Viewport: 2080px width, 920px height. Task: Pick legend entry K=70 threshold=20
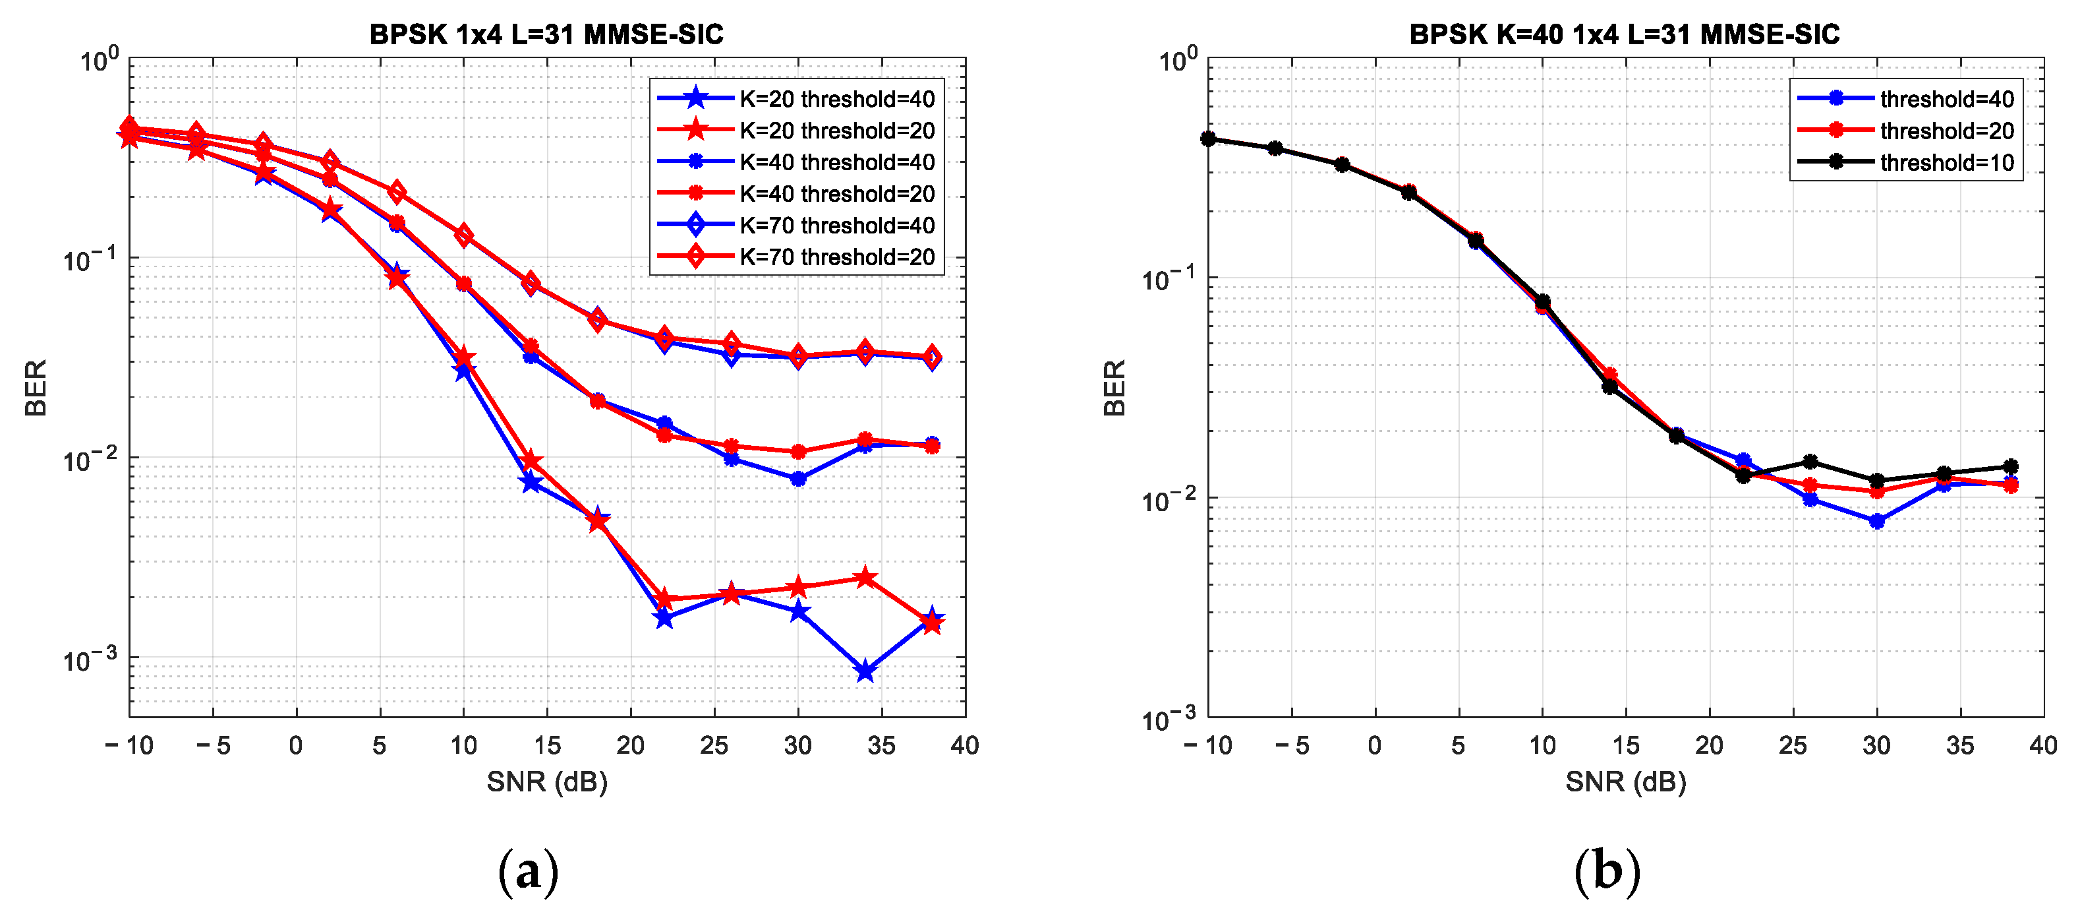point(836,257)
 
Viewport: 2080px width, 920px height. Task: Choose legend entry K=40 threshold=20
point(836,194)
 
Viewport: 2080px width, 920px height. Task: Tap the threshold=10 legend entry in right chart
point(1946,162)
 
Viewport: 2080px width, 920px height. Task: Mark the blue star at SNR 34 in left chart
point(865,671)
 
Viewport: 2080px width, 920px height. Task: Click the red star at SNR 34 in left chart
point(865,578)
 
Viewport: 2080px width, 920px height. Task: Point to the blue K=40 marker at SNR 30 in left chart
point(797,478)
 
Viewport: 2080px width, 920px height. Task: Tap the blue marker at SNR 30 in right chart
point(1876,521)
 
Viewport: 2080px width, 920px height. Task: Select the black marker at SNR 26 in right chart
point(1810,461)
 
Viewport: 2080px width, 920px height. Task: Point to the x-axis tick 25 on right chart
point(1793,744)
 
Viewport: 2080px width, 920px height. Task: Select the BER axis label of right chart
point(1114,388)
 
